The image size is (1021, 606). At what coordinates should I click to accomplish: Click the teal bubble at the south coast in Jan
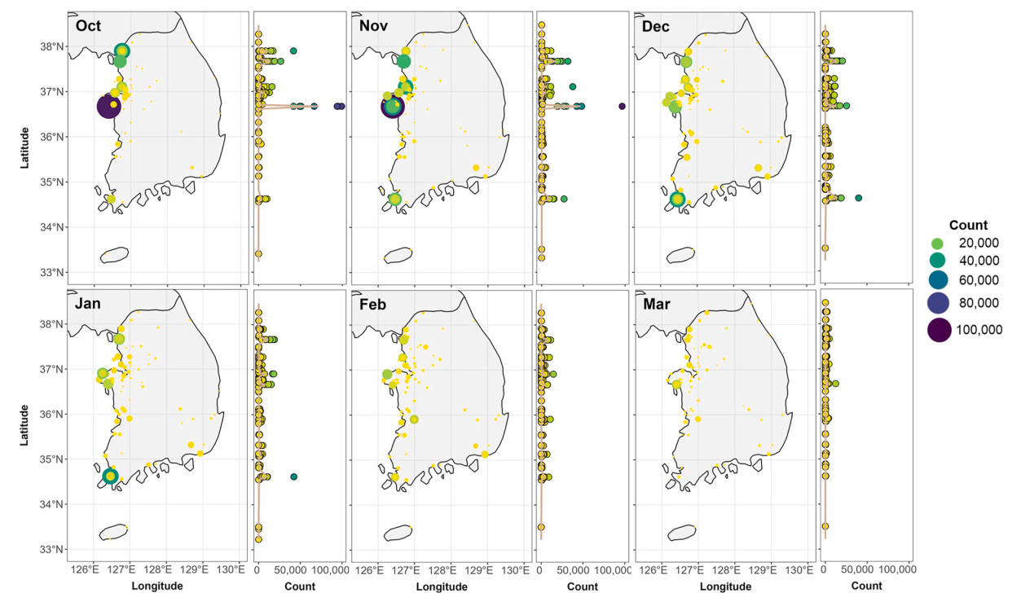coord(111,476)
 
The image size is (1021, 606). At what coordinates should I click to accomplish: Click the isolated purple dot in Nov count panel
coord(623,106)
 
